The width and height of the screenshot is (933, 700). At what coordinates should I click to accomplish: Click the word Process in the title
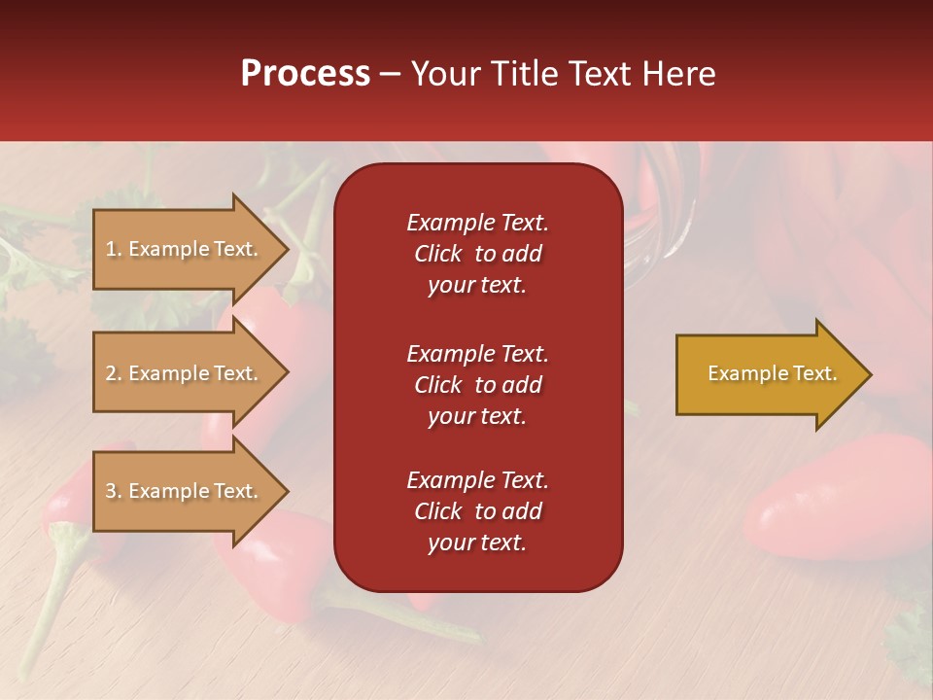pyautogui.click(x=305, y=74)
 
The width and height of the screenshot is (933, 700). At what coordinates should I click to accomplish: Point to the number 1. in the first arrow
pyautogui.click(x=114, y=249)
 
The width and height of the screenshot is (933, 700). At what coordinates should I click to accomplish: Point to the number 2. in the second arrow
pyautogui.click(x=114, y=373)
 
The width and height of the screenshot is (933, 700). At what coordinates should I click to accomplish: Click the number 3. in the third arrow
pyautogui.click(x=114, y=491)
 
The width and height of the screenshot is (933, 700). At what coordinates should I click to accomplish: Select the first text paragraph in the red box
pyautogui.click(x=477, y=254)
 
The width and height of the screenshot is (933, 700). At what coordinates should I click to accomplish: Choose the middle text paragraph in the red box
pyautogui.click(x=477, y=385)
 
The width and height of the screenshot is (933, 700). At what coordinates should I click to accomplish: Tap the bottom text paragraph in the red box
pyautogui.click(x=477, y=511)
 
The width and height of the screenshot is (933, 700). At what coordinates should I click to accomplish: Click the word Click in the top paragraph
pyautogui.click(x=437, y=254)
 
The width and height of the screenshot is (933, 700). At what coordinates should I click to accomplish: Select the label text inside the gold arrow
pyautogui.click(x=772, y=373)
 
